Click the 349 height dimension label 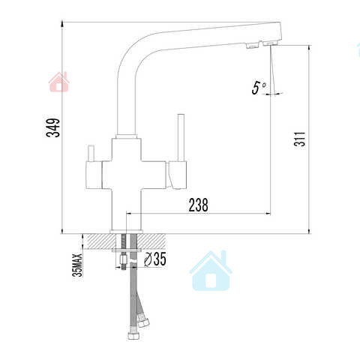(x=53, y=127)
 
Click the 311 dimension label (x=299, y=139)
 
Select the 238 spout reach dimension (x=198, y=205)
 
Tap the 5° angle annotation (x=259, y=88)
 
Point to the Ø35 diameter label (x=155, y=259)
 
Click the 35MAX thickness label (x=78, y=265)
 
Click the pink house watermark (x=59, y=82)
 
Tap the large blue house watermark (x=211, y=271)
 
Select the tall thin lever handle (x=181, y=138)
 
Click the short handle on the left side (x=91, y=153)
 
